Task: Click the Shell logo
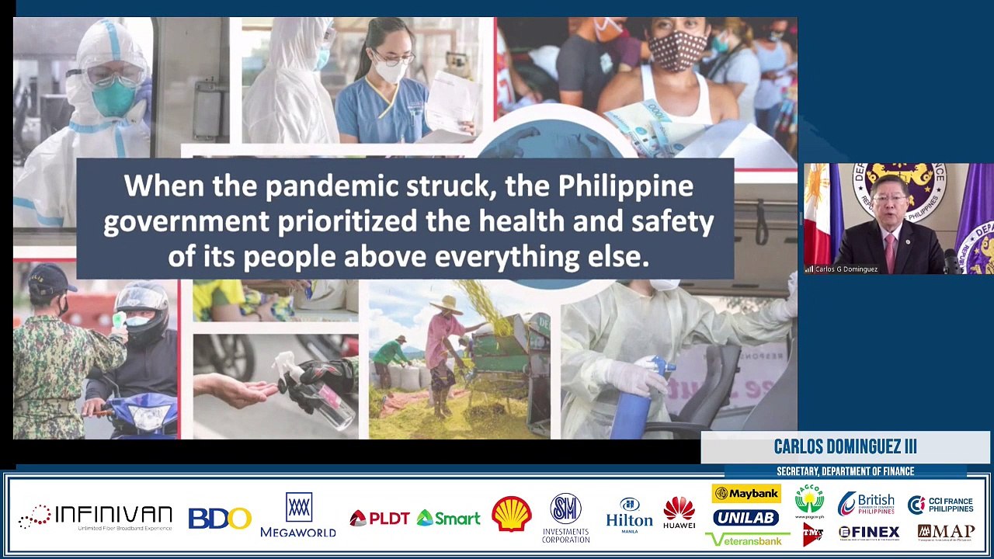click(x=511, y=514)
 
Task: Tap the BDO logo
click(x=220, y=518)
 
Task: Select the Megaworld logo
click(x=298, y=515)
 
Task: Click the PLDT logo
click(x=380, y=518)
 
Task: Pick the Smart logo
click(x=448, y=518)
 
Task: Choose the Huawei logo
click(x=679, y=513)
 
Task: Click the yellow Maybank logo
click(x=746, y=494)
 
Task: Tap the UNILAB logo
click(x=745, y=517)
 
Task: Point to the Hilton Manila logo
click(x=629, y=514)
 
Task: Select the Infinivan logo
click(x=96, y=517)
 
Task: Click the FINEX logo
click(x=869, y=533)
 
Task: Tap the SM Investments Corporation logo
click(x=565, y=517)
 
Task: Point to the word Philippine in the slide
click(x=625, y=186)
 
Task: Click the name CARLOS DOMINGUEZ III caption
click(x=845, y=446)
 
